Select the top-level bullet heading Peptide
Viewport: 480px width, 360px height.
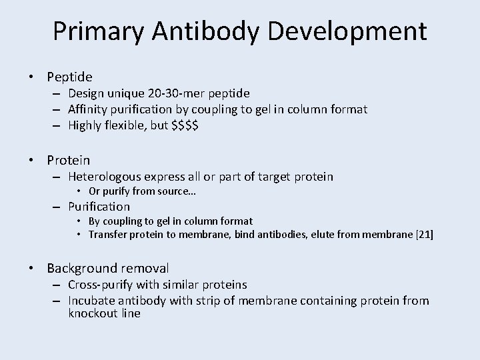69,77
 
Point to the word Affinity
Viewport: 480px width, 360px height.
89,109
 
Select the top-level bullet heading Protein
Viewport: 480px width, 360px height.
68,160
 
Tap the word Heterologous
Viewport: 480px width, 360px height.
105,177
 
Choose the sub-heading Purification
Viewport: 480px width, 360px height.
99,207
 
